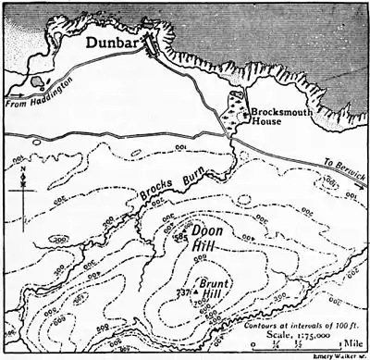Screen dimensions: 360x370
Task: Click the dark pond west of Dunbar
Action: pyautogui.click(x=36, y=81)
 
